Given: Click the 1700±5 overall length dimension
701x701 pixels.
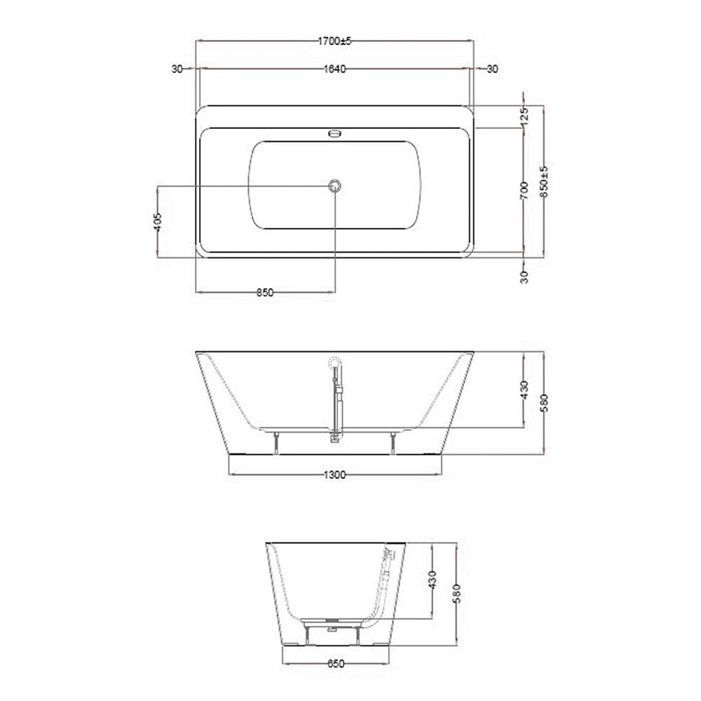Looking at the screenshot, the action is tap(335, 41).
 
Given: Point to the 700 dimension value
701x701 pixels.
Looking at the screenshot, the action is tap(524, 191).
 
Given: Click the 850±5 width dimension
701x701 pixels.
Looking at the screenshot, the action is tap(544, 182).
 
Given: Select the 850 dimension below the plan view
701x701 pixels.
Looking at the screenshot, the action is tap(265, 293).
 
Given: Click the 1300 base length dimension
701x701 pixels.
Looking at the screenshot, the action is tap(335, 475).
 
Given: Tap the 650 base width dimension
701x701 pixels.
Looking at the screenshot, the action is tap(335, 663).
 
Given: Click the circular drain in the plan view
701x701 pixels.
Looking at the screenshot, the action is tap(334, 185).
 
